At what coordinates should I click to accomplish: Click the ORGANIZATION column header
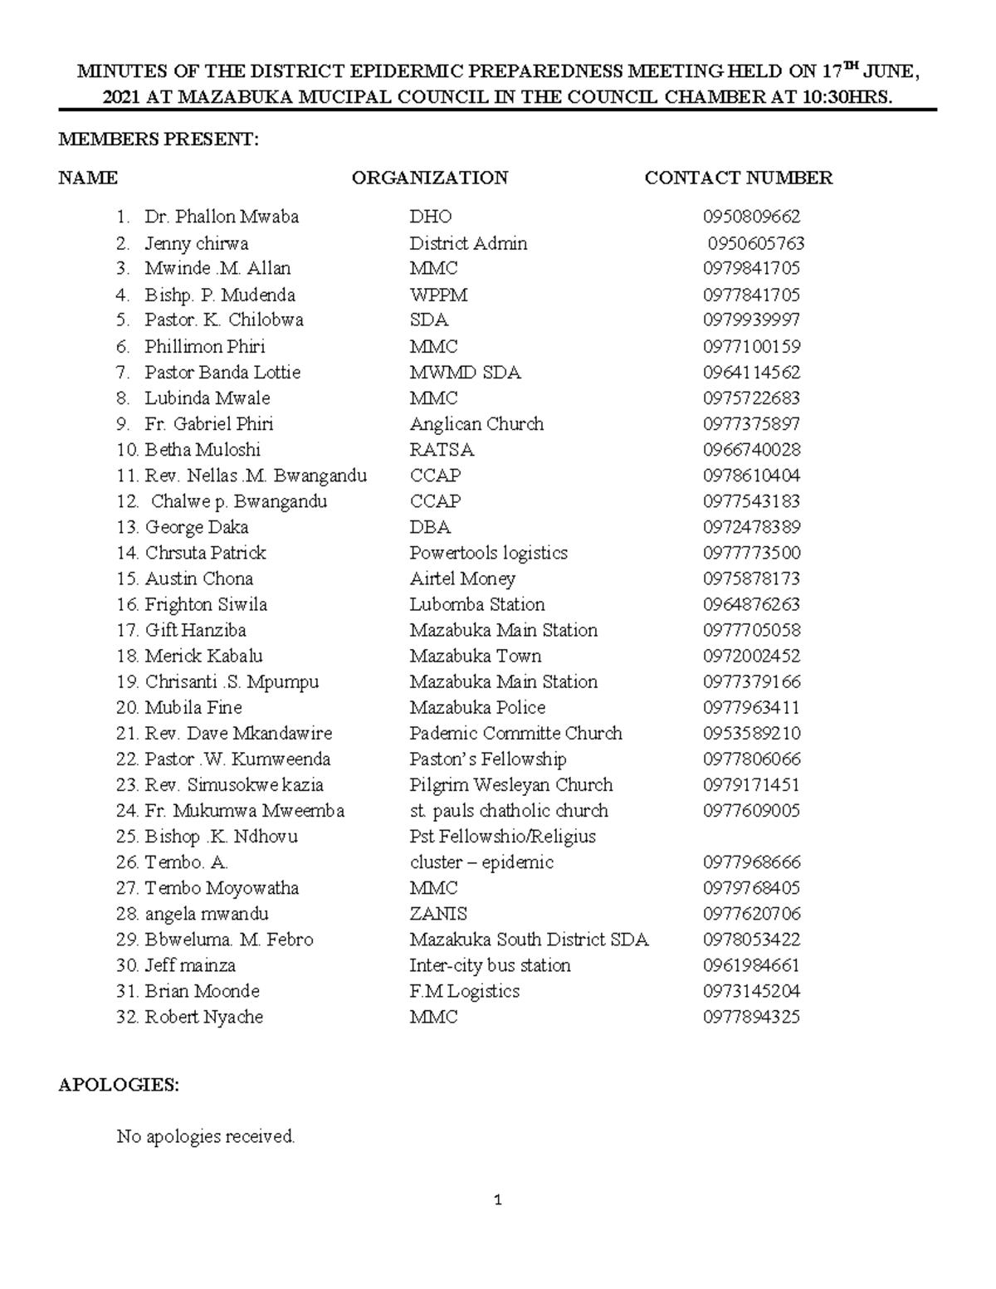pos(430,178)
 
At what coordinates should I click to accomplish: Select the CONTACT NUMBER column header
pos(738,178)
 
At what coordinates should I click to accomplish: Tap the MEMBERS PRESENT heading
pos(159,139)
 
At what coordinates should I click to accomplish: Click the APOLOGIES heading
pos(118,1085)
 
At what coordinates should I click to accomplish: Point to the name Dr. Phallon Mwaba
pos(222,217)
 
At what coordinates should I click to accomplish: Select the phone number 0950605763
pos(755,243)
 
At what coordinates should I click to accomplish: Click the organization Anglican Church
pos(476,424)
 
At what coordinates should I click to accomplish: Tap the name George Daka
pos(197,527)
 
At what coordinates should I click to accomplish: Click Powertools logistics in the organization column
pos(488,553)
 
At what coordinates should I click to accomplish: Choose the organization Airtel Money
pos(462,579)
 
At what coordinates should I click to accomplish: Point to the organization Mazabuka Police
pos(477,707)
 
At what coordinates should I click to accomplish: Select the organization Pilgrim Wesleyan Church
pos(510,784)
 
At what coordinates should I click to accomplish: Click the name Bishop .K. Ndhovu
pos(221,836)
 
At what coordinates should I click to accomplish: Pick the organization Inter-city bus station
pos(490,965)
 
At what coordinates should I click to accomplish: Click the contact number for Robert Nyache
pos(751,1017)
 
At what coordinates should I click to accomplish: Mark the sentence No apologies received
pos(206,1136)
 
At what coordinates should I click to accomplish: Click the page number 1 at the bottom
pos(498,1199)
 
